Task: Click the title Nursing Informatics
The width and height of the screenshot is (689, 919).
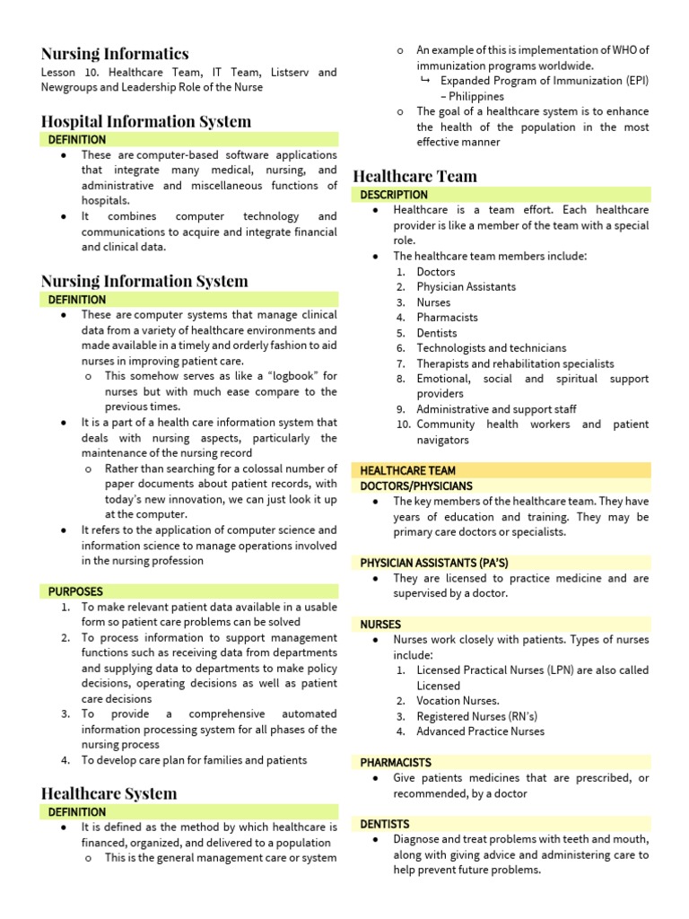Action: click(115, 54)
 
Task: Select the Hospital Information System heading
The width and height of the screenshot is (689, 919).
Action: click(146, 121)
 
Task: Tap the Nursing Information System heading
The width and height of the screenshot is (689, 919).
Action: click(144, 281)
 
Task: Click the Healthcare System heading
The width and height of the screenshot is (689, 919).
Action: click(109, 793)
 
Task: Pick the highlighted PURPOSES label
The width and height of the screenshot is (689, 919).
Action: click(75, 591)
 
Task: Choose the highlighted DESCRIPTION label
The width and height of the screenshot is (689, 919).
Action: click(394, 195)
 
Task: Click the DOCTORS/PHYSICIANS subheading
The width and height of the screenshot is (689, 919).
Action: click(415, 486)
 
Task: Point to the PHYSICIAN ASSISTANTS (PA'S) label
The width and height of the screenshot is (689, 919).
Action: click(434, 563)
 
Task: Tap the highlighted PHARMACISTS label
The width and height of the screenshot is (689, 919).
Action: click(396, 762)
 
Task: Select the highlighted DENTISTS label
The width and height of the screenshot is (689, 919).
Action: click(385, 824)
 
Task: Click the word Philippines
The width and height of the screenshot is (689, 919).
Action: click(476, 96)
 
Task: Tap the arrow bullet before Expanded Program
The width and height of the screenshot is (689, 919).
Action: click(425, 81)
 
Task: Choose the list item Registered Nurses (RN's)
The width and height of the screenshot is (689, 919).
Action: click(476, 716)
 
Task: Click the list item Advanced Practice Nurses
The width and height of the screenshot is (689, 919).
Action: click(480, 731)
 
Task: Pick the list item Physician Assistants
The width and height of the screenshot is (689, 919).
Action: click(466, 287)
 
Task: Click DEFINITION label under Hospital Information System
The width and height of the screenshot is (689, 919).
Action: click(76, 140)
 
